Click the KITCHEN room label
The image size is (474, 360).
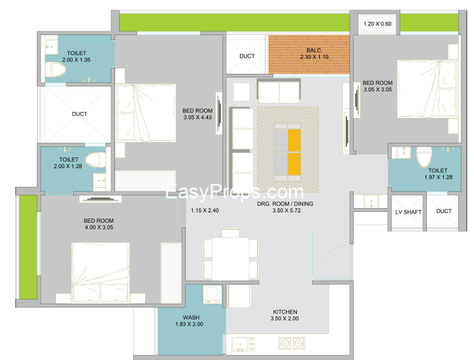pyautogui.click(x=285, y=312)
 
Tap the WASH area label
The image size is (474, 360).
pyautogui.click(x=191, y=317)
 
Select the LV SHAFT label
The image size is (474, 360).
pyautogui.click(x=408, y=212)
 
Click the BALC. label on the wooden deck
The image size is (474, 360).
pyautogui.click(x=314, y=50)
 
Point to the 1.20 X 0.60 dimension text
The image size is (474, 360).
pyautogui.click(x=377, y=24)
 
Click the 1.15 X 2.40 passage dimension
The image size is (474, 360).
pyautogui.click(x=204, y=211)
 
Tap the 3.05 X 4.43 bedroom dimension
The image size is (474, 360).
pyautogui.click(x=197, y=117)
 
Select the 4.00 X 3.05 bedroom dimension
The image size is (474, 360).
pyautogui.click(x=99, y=227)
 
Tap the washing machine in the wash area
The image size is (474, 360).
pyautogui.click(x=213, y=294)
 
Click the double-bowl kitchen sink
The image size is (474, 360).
pyautogui.click(x=291, y=344)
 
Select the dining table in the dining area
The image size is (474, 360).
pyautogui.click(x=230, y=259)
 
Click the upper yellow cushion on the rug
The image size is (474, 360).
pyautogui.click(x=294, y=140)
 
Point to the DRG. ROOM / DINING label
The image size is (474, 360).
pyautogui.click(x=285, y=203)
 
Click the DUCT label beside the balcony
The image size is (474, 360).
pyautogui.click(x=247, y=56)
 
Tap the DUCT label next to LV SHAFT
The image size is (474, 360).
pyautogui.click(x=444, y=211)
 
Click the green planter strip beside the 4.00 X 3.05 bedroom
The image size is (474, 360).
pyautogui.click(x=28, y=247)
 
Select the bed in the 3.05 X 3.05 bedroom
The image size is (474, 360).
pyautogui.click(x=427, y=89)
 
